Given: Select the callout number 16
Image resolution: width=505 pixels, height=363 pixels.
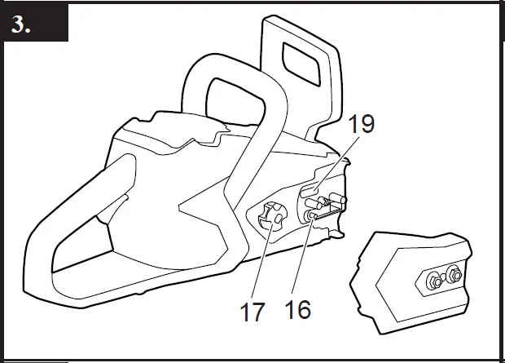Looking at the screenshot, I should pyautogui.click(x=299, y=310).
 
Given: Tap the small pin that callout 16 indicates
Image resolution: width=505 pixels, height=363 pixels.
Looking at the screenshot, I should pyautogui.click(x=313, y=215).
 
